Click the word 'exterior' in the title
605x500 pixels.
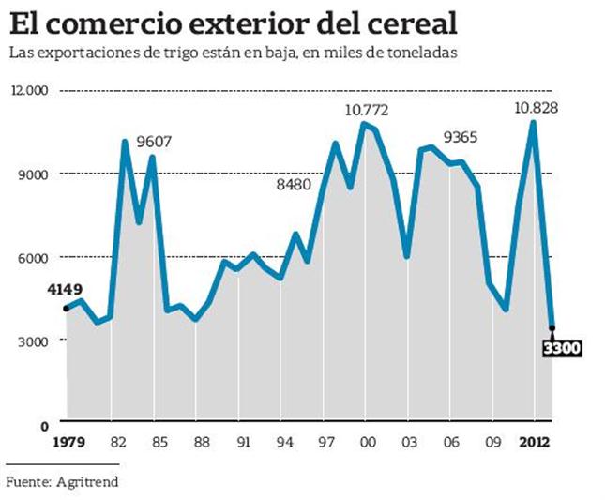tap(213, 21)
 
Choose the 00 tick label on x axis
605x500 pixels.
tap(369, 443)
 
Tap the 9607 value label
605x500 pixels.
tap(156, 141)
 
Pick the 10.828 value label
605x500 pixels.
tap(536, 108)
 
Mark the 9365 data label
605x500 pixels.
tap(461, 138)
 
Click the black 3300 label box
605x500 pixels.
tap(563, 349)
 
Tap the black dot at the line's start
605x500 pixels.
tap(67, 308)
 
